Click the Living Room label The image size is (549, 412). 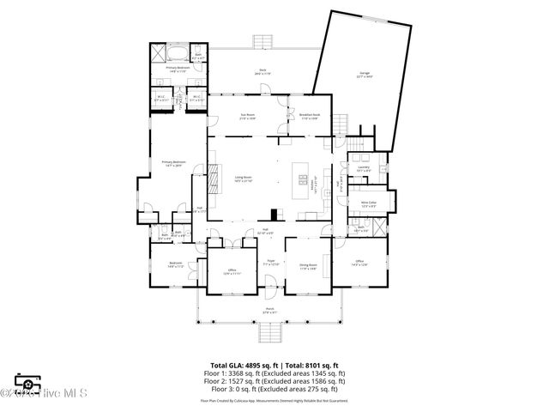point(244,179)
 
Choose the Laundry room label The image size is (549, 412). point(364,168)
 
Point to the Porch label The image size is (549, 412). point(269,311)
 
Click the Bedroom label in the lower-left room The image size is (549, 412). point(175,264)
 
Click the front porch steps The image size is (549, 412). point(270,333)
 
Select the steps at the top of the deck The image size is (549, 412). point(262,42)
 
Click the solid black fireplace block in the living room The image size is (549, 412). point(273,215)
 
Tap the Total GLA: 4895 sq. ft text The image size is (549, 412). point(243,365)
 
